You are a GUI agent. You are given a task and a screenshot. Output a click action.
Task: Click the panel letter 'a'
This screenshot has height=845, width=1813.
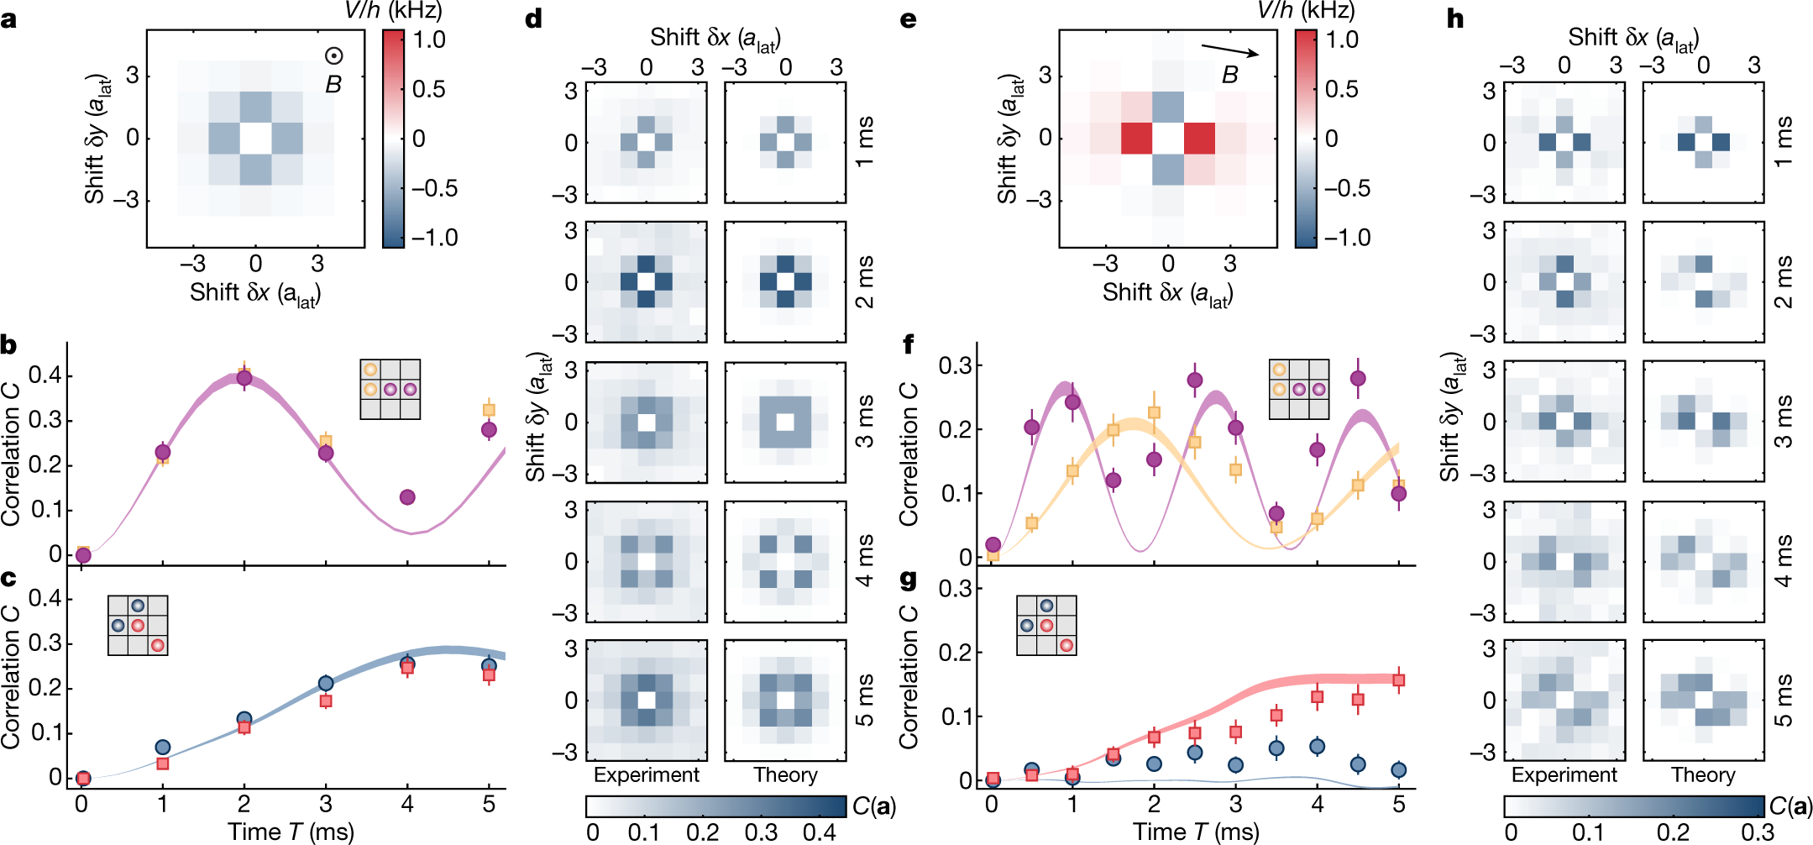point(9,18)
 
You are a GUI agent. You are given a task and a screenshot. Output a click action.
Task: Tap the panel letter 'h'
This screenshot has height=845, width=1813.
point(1455,18)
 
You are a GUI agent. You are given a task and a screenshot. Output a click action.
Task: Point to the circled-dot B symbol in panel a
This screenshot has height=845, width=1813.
point(333,56)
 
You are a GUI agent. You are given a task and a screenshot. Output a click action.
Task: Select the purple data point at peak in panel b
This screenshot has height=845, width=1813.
point(244,378)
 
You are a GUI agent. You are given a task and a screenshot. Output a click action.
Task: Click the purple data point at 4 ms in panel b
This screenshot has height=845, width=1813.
point(407,497)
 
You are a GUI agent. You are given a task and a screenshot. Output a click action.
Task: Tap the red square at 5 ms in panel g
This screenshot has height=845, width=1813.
point(1398,680)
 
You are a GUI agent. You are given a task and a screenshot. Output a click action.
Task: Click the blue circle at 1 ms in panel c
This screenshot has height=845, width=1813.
point(163,747)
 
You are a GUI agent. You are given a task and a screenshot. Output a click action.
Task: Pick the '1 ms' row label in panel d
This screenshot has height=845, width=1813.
point(864,142)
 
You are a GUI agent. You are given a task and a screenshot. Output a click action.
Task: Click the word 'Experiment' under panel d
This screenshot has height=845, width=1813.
point(646,774)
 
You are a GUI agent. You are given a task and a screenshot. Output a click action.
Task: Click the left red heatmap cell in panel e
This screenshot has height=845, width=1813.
point(1136,138)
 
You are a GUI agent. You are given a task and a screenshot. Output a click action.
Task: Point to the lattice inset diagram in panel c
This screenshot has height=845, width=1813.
point(138,625)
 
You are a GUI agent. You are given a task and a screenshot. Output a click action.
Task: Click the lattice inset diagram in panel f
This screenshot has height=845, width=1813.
point(1298,389)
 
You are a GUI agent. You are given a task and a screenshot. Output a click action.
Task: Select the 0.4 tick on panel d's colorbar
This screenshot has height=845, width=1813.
point(819,832)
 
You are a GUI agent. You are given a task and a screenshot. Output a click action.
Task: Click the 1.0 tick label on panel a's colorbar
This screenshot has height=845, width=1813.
point(429,39)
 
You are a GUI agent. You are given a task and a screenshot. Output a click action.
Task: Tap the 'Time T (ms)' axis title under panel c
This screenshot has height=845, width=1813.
point(291,832)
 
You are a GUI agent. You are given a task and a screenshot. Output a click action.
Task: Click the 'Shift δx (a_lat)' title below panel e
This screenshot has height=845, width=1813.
point(1167,293)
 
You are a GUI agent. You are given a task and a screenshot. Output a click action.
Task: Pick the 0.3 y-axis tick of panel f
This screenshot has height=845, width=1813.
point(955,365)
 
